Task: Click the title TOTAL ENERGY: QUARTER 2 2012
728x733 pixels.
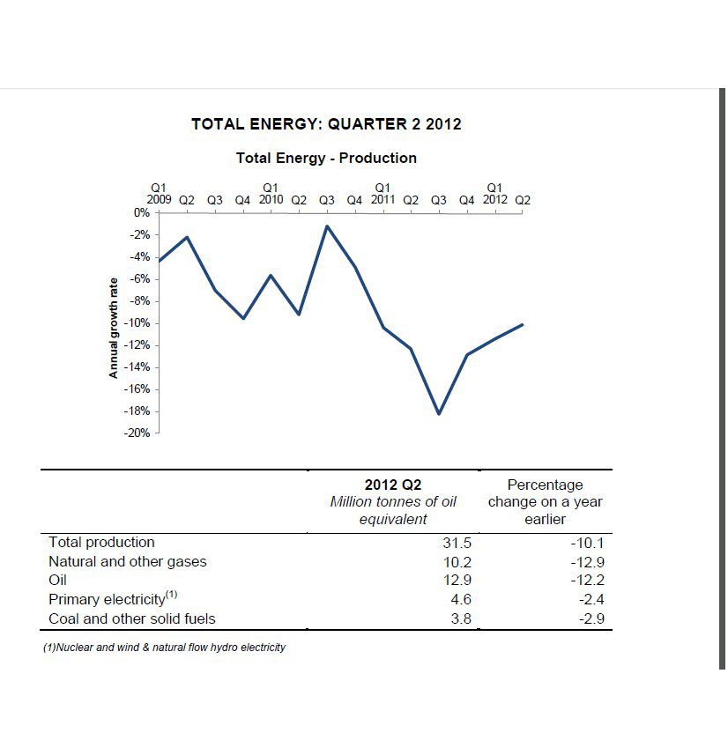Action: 326,124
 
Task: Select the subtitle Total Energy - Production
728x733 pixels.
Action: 326,159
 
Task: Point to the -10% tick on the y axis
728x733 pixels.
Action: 138,323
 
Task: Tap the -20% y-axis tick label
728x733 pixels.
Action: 138,433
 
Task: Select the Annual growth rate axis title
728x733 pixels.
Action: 113,327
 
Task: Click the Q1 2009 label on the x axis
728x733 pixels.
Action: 160,194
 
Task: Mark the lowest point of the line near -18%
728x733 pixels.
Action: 439,413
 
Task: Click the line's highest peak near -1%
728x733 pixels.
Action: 327,226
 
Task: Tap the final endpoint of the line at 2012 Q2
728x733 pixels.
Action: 523,324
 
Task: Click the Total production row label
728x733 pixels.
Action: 101,543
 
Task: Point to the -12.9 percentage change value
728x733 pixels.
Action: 588,562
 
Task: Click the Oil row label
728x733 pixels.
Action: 58,581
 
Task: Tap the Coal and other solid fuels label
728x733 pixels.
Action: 132,619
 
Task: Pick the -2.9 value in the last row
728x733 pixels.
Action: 591,619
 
